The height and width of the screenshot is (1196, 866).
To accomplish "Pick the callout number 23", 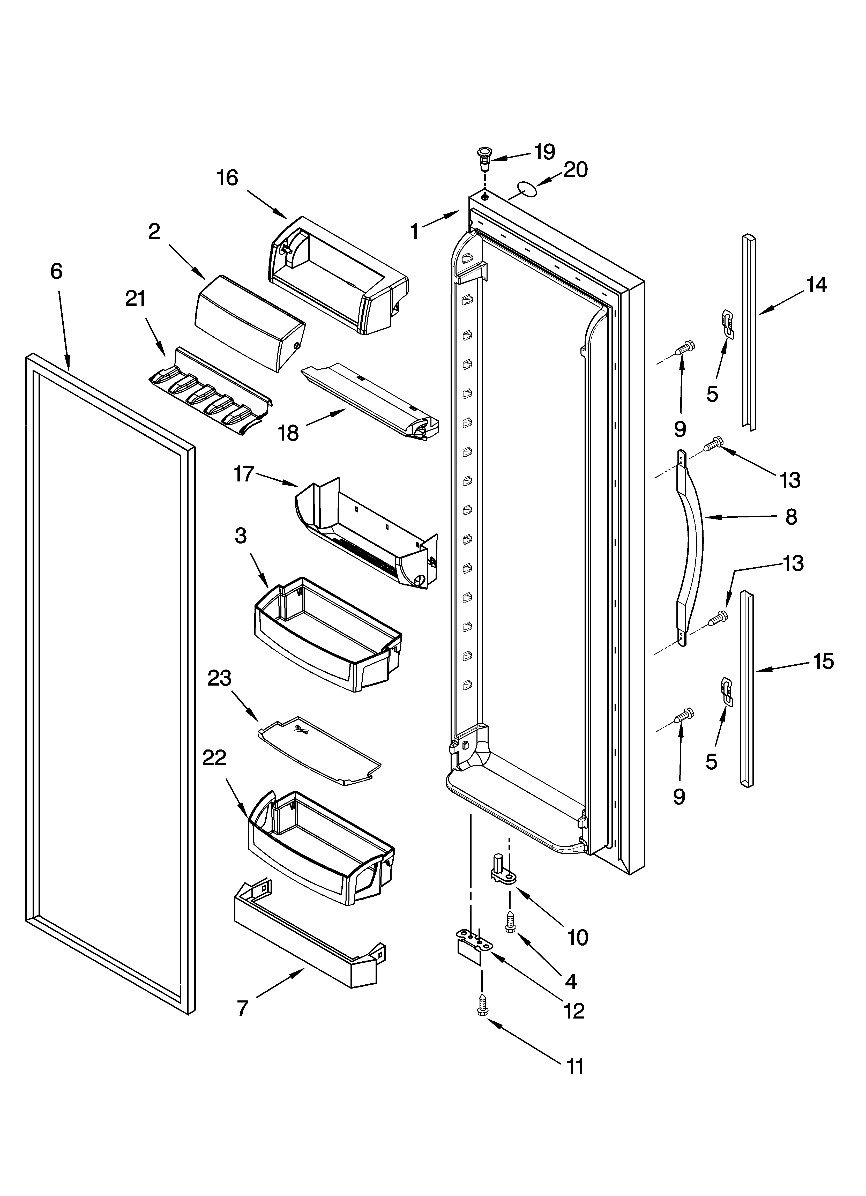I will (219, 678).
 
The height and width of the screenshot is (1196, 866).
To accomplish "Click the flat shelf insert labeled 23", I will (319, 751).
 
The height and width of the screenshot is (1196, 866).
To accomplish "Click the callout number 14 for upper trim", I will (816, 285).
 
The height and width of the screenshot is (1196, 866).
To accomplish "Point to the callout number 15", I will (823, 661).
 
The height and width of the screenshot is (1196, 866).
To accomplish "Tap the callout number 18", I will (288, 434).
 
